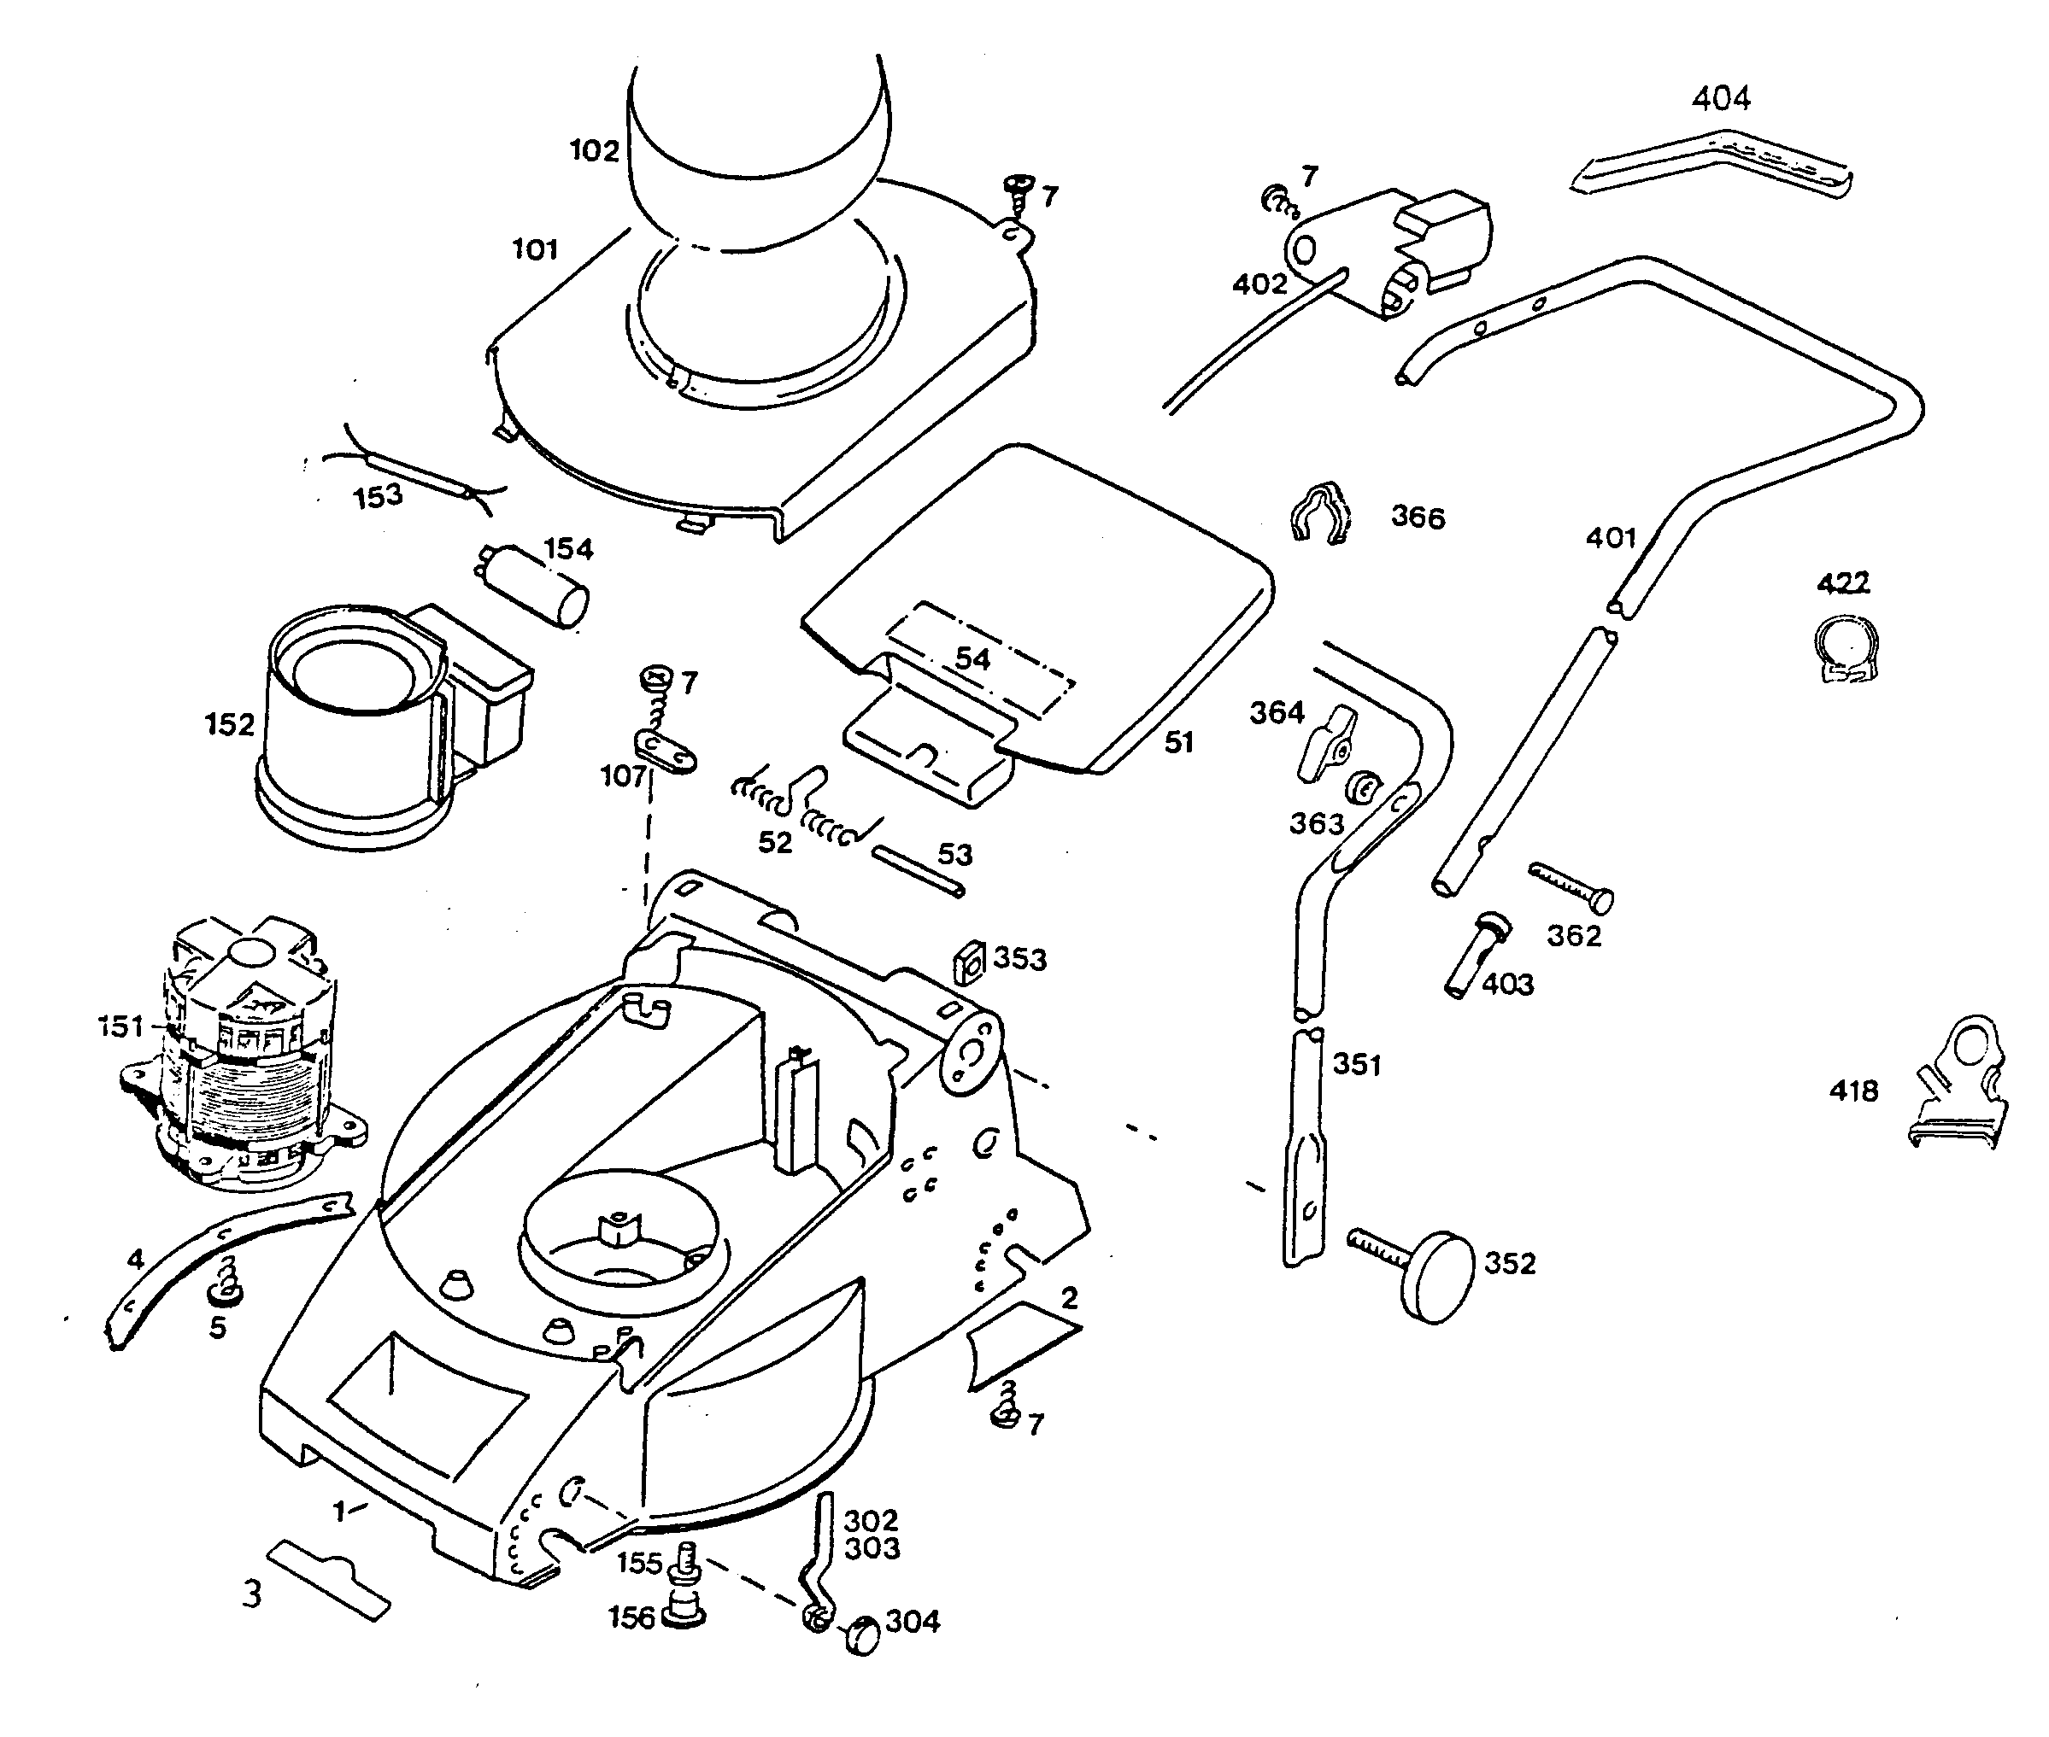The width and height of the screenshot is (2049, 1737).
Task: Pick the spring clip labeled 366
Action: pos(1320,513)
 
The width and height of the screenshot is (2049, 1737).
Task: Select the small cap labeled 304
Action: pos(863,1635)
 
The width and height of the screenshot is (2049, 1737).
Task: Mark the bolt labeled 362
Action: pos(1571,886)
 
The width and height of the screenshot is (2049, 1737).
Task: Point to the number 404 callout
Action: pos(1721,98)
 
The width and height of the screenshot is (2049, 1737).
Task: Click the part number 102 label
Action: pos(594,150)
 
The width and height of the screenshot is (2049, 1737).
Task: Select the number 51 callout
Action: pos(1178,742)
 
